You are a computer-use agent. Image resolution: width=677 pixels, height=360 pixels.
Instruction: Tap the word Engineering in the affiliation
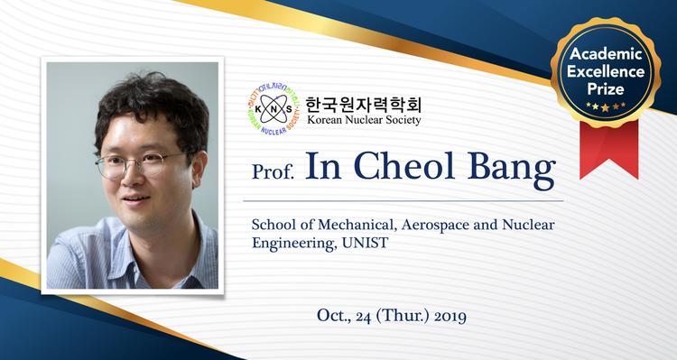click(x=293, y=242)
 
